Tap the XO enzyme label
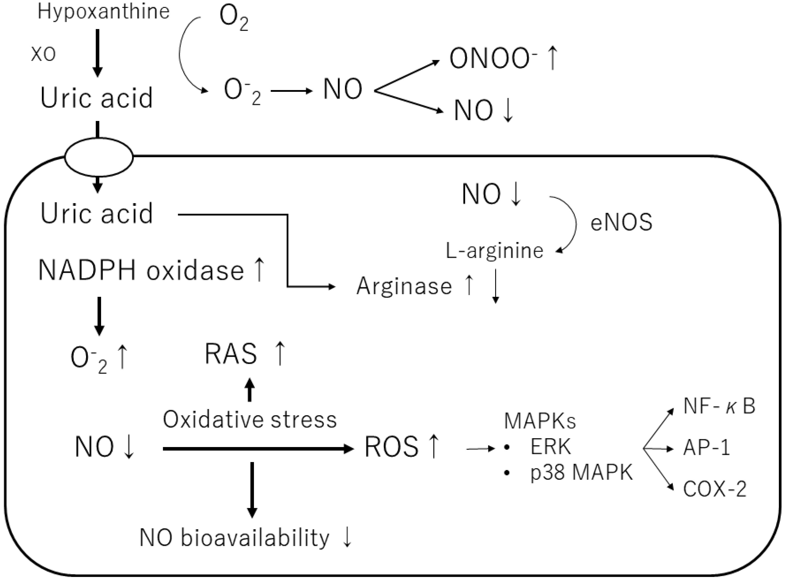43,54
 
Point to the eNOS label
621,223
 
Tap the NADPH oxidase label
141,270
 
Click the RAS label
231,354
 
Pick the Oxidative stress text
249,420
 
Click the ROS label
392,447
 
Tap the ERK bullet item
550,447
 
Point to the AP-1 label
706,448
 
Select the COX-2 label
715,489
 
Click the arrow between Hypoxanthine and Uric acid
98,53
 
